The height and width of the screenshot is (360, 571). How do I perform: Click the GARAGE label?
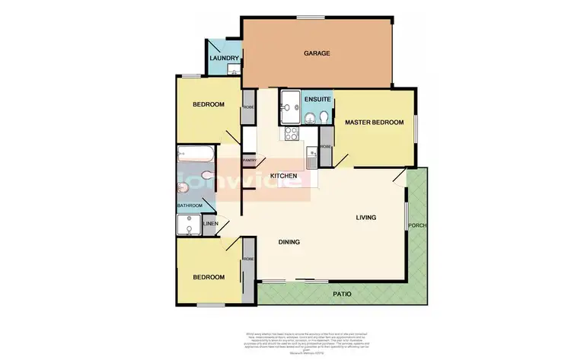pos(317,53)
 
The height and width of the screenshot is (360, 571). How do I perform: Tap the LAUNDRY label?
pos(225,59)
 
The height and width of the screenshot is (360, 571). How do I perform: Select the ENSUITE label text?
pos(317,100)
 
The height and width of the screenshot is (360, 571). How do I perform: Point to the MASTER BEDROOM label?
pos(372,122)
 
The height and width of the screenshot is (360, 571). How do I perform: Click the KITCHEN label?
pos(283,176)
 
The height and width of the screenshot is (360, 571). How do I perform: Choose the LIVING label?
pos(367,218)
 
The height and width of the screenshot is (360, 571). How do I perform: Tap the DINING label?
pos(289,243)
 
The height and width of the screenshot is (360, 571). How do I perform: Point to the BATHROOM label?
pos(190,205)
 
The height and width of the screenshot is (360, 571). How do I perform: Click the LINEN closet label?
pos(211,224)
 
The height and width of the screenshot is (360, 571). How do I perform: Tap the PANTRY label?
pos(248,160)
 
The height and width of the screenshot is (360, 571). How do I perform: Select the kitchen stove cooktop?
pos(291,134)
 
